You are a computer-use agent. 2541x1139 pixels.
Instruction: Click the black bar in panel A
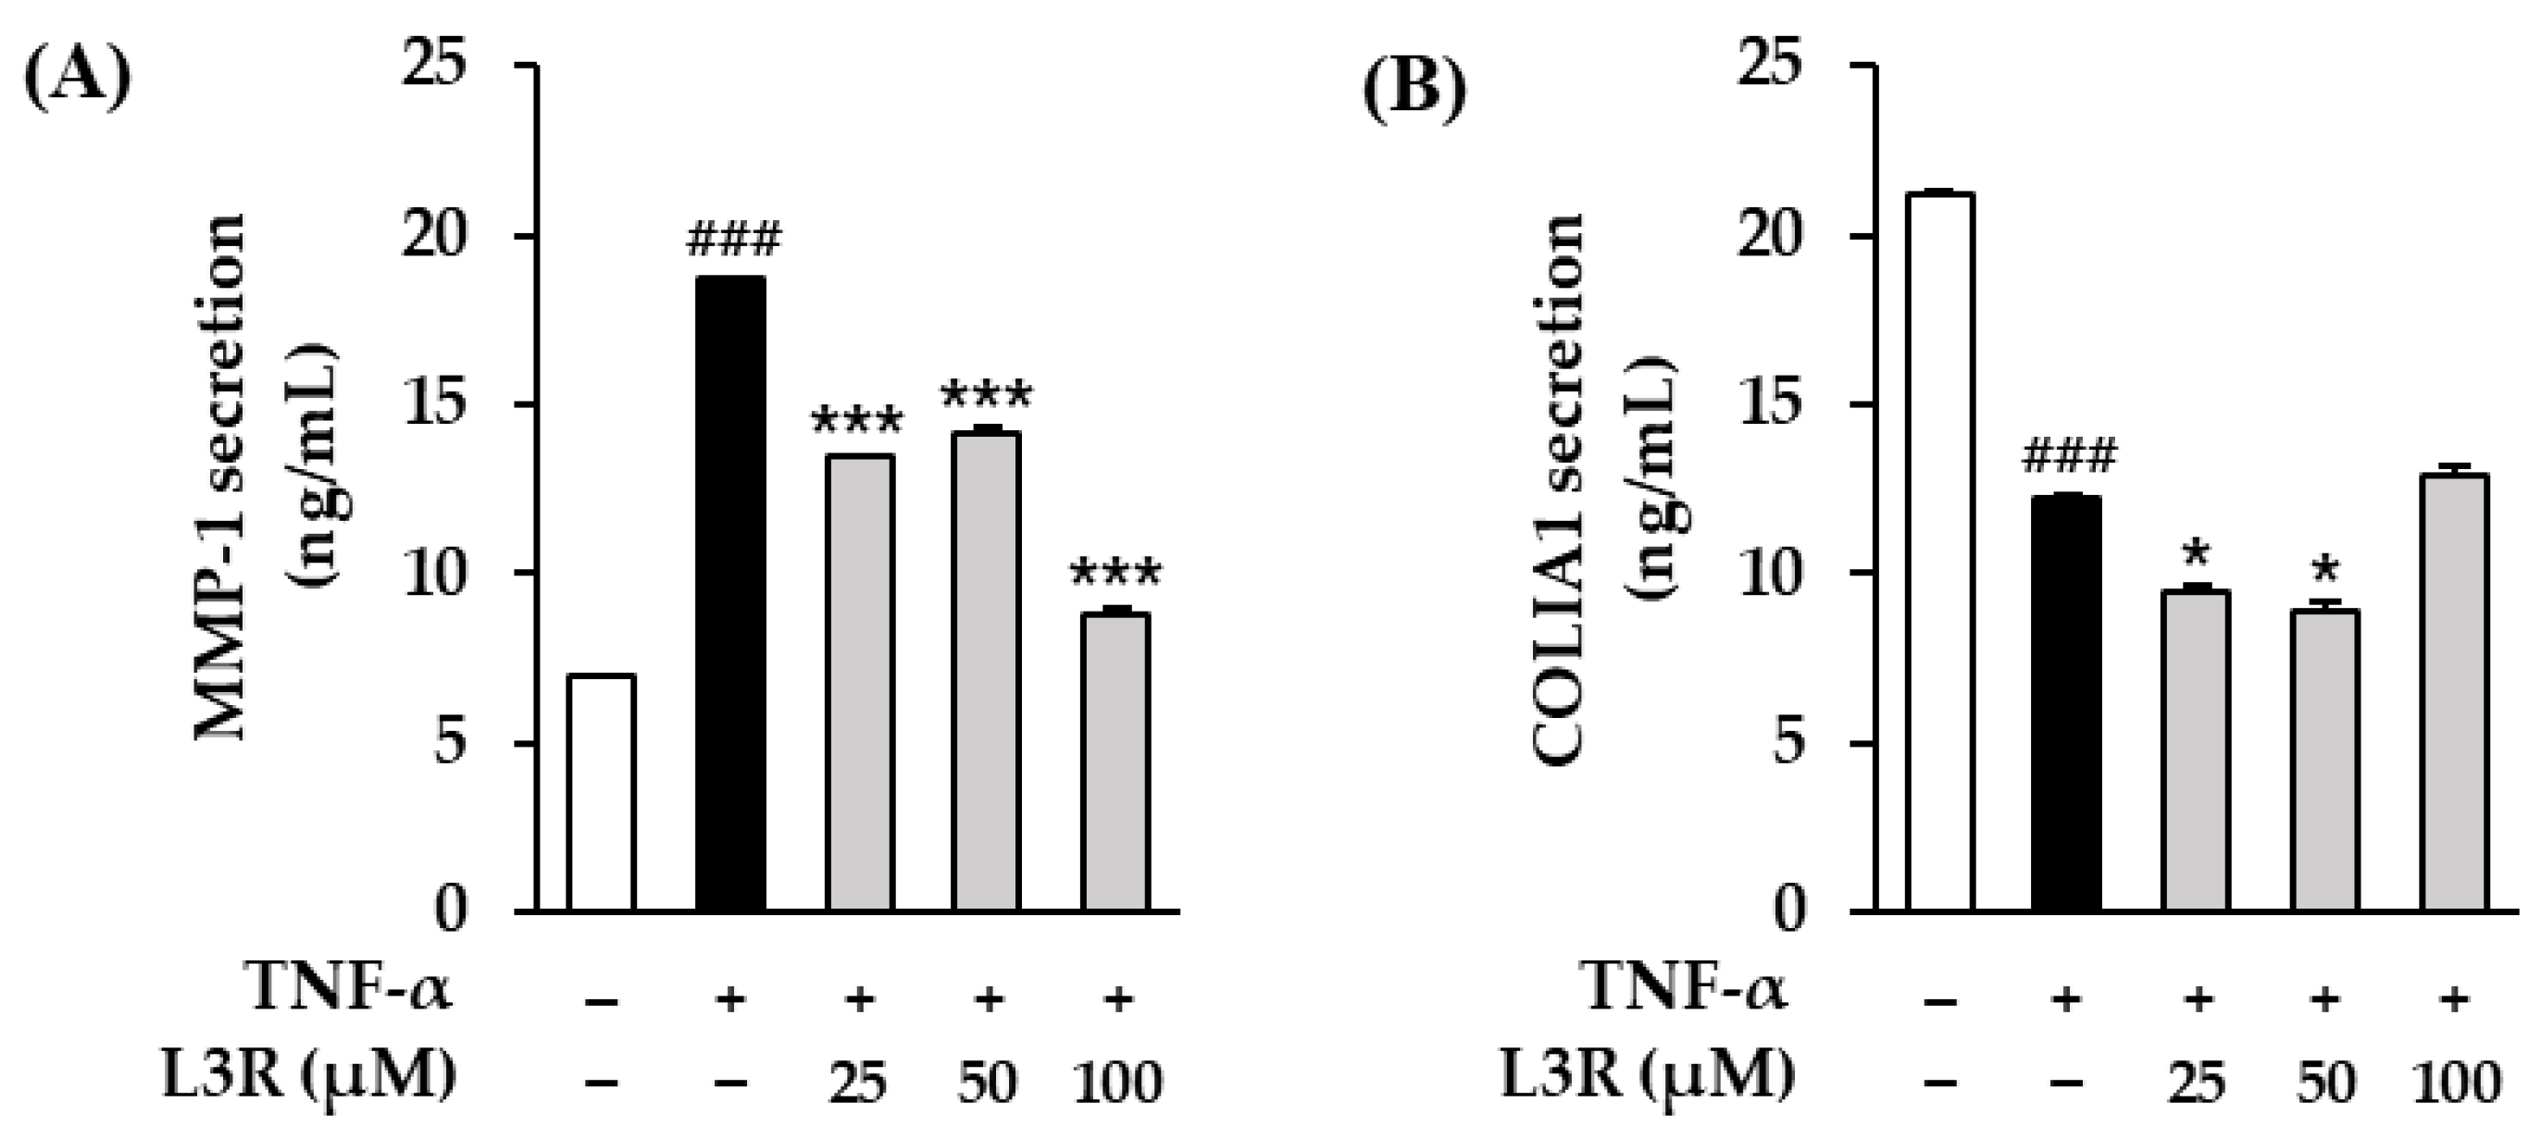(x=731, y=591)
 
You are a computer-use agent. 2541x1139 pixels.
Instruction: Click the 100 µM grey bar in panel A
(x=1115, y=761)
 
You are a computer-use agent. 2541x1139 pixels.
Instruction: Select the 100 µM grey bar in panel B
(x=2454, y=691)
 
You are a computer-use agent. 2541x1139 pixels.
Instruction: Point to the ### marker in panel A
(x=734, y=240)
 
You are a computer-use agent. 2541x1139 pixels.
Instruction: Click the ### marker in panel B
(x=2069, y=456)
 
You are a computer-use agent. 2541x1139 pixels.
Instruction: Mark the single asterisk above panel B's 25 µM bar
(x=2196, y=554)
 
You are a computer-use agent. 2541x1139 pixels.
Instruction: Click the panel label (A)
(x=77, y=83)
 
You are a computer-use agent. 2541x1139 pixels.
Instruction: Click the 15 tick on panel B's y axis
(x=1770, y=404)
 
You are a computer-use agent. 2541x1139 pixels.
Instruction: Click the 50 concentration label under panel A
(x=987, y=1083)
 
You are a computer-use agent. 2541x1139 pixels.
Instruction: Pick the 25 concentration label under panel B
(x=2196, y=1083)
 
